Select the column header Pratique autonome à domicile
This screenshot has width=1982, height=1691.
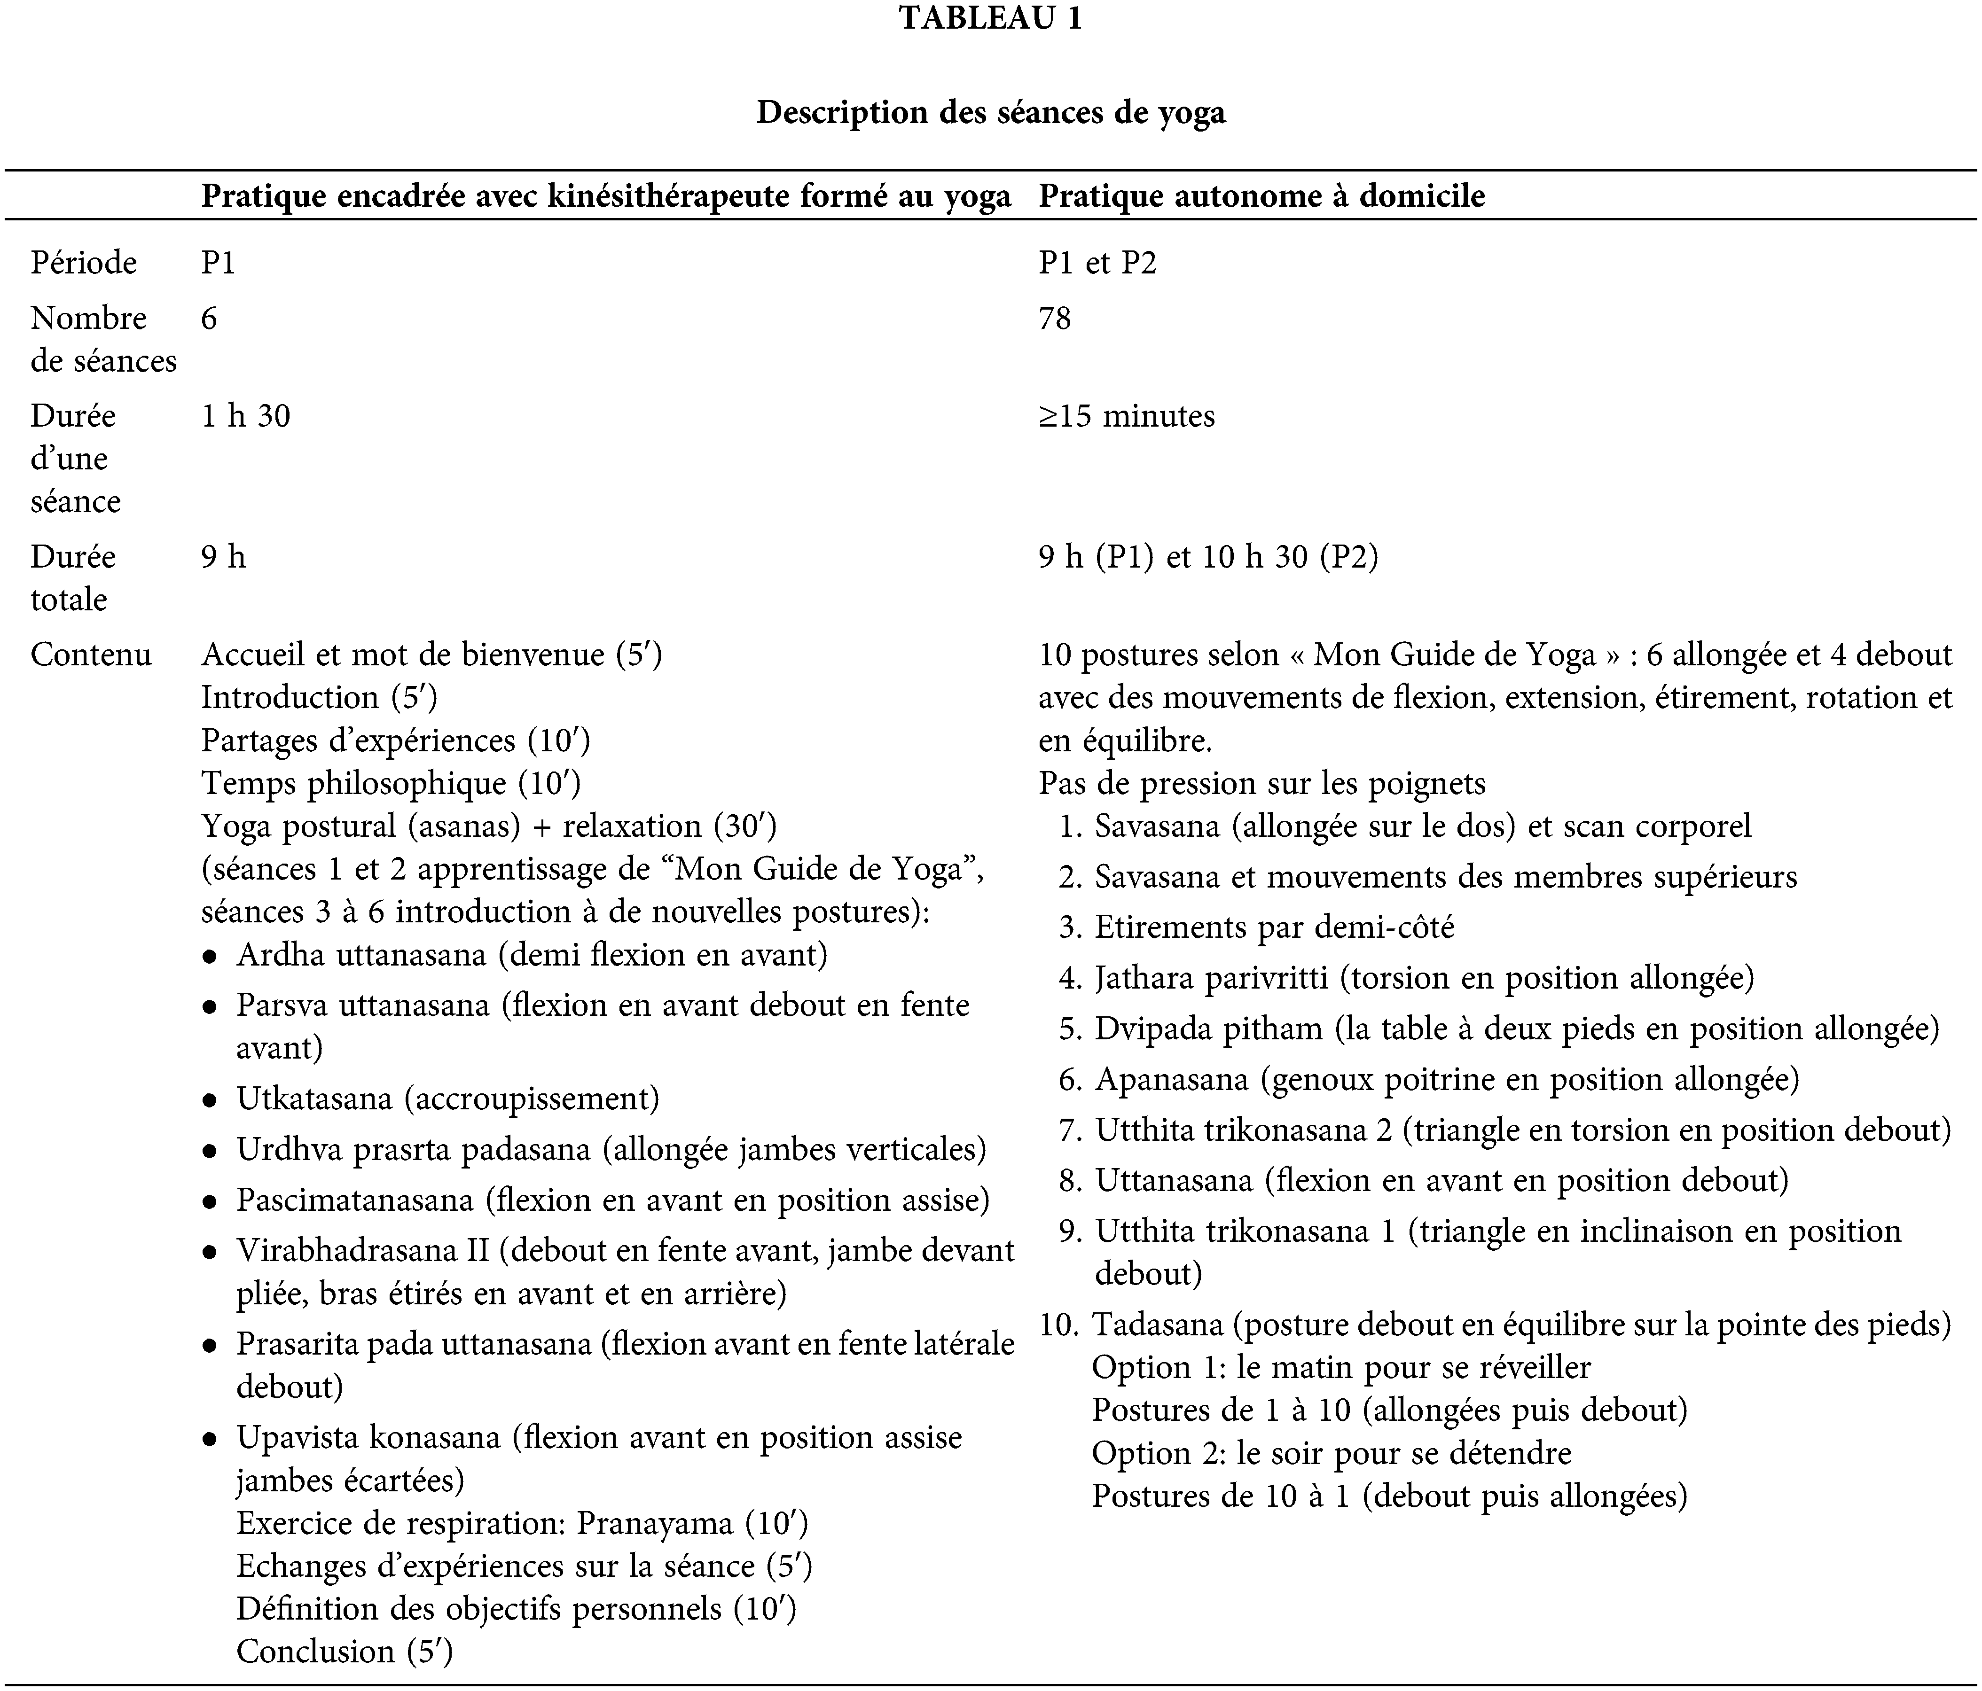(1261, 196)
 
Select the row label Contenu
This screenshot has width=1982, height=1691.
(91, 655)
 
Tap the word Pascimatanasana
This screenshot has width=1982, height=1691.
(355, 1200)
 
